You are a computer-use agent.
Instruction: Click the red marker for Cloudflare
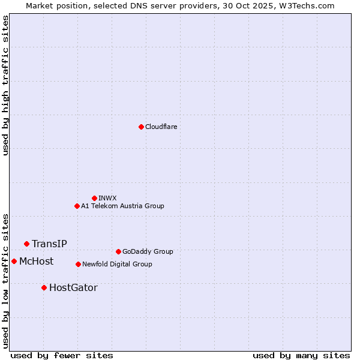141,127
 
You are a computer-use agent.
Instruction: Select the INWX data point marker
94,198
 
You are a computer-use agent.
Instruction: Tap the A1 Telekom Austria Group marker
77,206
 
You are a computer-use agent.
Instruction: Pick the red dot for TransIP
26,244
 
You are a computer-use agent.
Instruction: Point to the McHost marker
14,261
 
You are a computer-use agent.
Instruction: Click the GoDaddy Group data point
118,251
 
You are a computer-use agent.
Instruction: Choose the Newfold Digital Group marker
78,264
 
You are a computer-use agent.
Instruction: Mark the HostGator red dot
44,287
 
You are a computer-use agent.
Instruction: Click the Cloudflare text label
161,127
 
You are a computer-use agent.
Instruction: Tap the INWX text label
108,198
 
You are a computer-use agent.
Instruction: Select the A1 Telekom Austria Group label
122,206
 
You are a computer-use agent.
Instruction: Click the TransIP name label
49,244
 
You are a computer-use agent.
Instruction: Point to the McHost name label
36,261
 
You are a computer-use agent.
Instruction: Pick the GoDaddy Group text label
148,251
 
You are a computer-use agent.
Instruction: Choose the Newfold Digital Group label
117,264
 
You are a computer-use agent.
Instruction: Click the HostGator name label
73,287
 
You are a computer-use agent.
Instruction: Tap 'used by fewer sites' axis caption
62,355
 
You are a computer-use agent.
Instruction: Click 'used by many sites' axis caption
301,355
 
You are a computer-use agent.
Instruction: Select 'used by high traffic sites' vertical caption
5,85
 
